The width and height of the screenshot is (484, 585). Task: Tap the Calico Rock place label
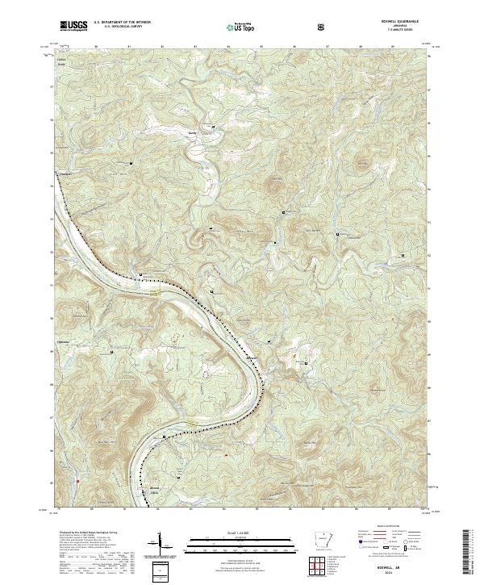[x=61, y=62]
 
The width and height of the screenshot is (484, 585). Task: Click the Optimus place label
[x=62, y=342]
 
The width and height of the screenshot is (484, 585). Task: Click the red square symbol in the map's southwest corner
[x=77, y=482]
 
